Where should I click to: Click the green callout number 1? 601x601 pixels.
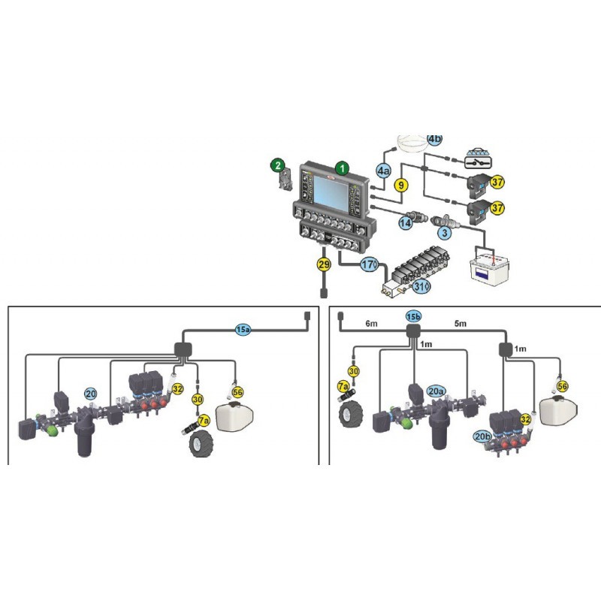tap(342, 168)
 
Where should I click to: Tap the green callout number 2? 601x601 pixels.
tap(278, 165)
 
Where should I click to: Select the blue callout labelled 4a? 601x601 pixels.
tap(383, 171)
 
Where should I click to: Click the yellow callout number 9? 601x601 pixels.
tap(401, 186)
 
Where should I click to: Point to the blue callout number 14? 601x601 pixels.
tap(406, 222)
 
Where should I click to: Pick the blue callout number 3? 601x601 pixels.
tap(445, 232)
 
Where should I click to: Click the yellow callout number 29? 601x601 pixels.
tap(325, 264)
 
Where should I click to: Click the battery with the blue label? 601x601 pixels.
tap(490, 267)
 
